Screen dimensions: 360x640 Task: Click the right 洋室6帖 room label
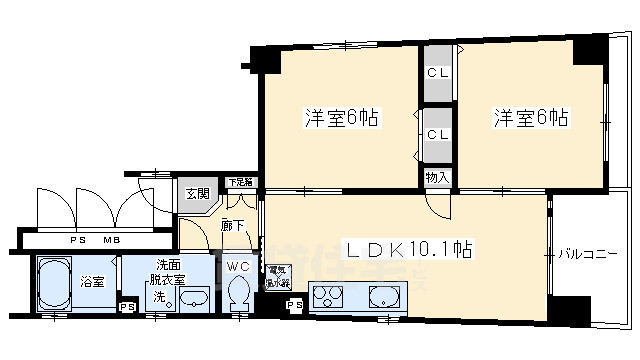530,118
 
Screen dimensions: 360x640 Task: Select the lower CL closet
436,134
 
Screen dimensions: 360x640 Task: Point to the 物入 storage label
436,178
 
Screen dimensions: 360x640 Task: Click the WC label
238,266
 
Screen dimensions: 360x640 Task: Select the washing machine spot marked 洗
158,297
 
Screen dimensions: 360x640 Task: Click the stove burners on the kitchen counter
328,298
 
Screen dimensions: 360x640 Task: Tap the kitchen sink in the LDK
384,297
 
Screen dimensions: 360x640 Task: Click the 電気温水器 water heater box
276,276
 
